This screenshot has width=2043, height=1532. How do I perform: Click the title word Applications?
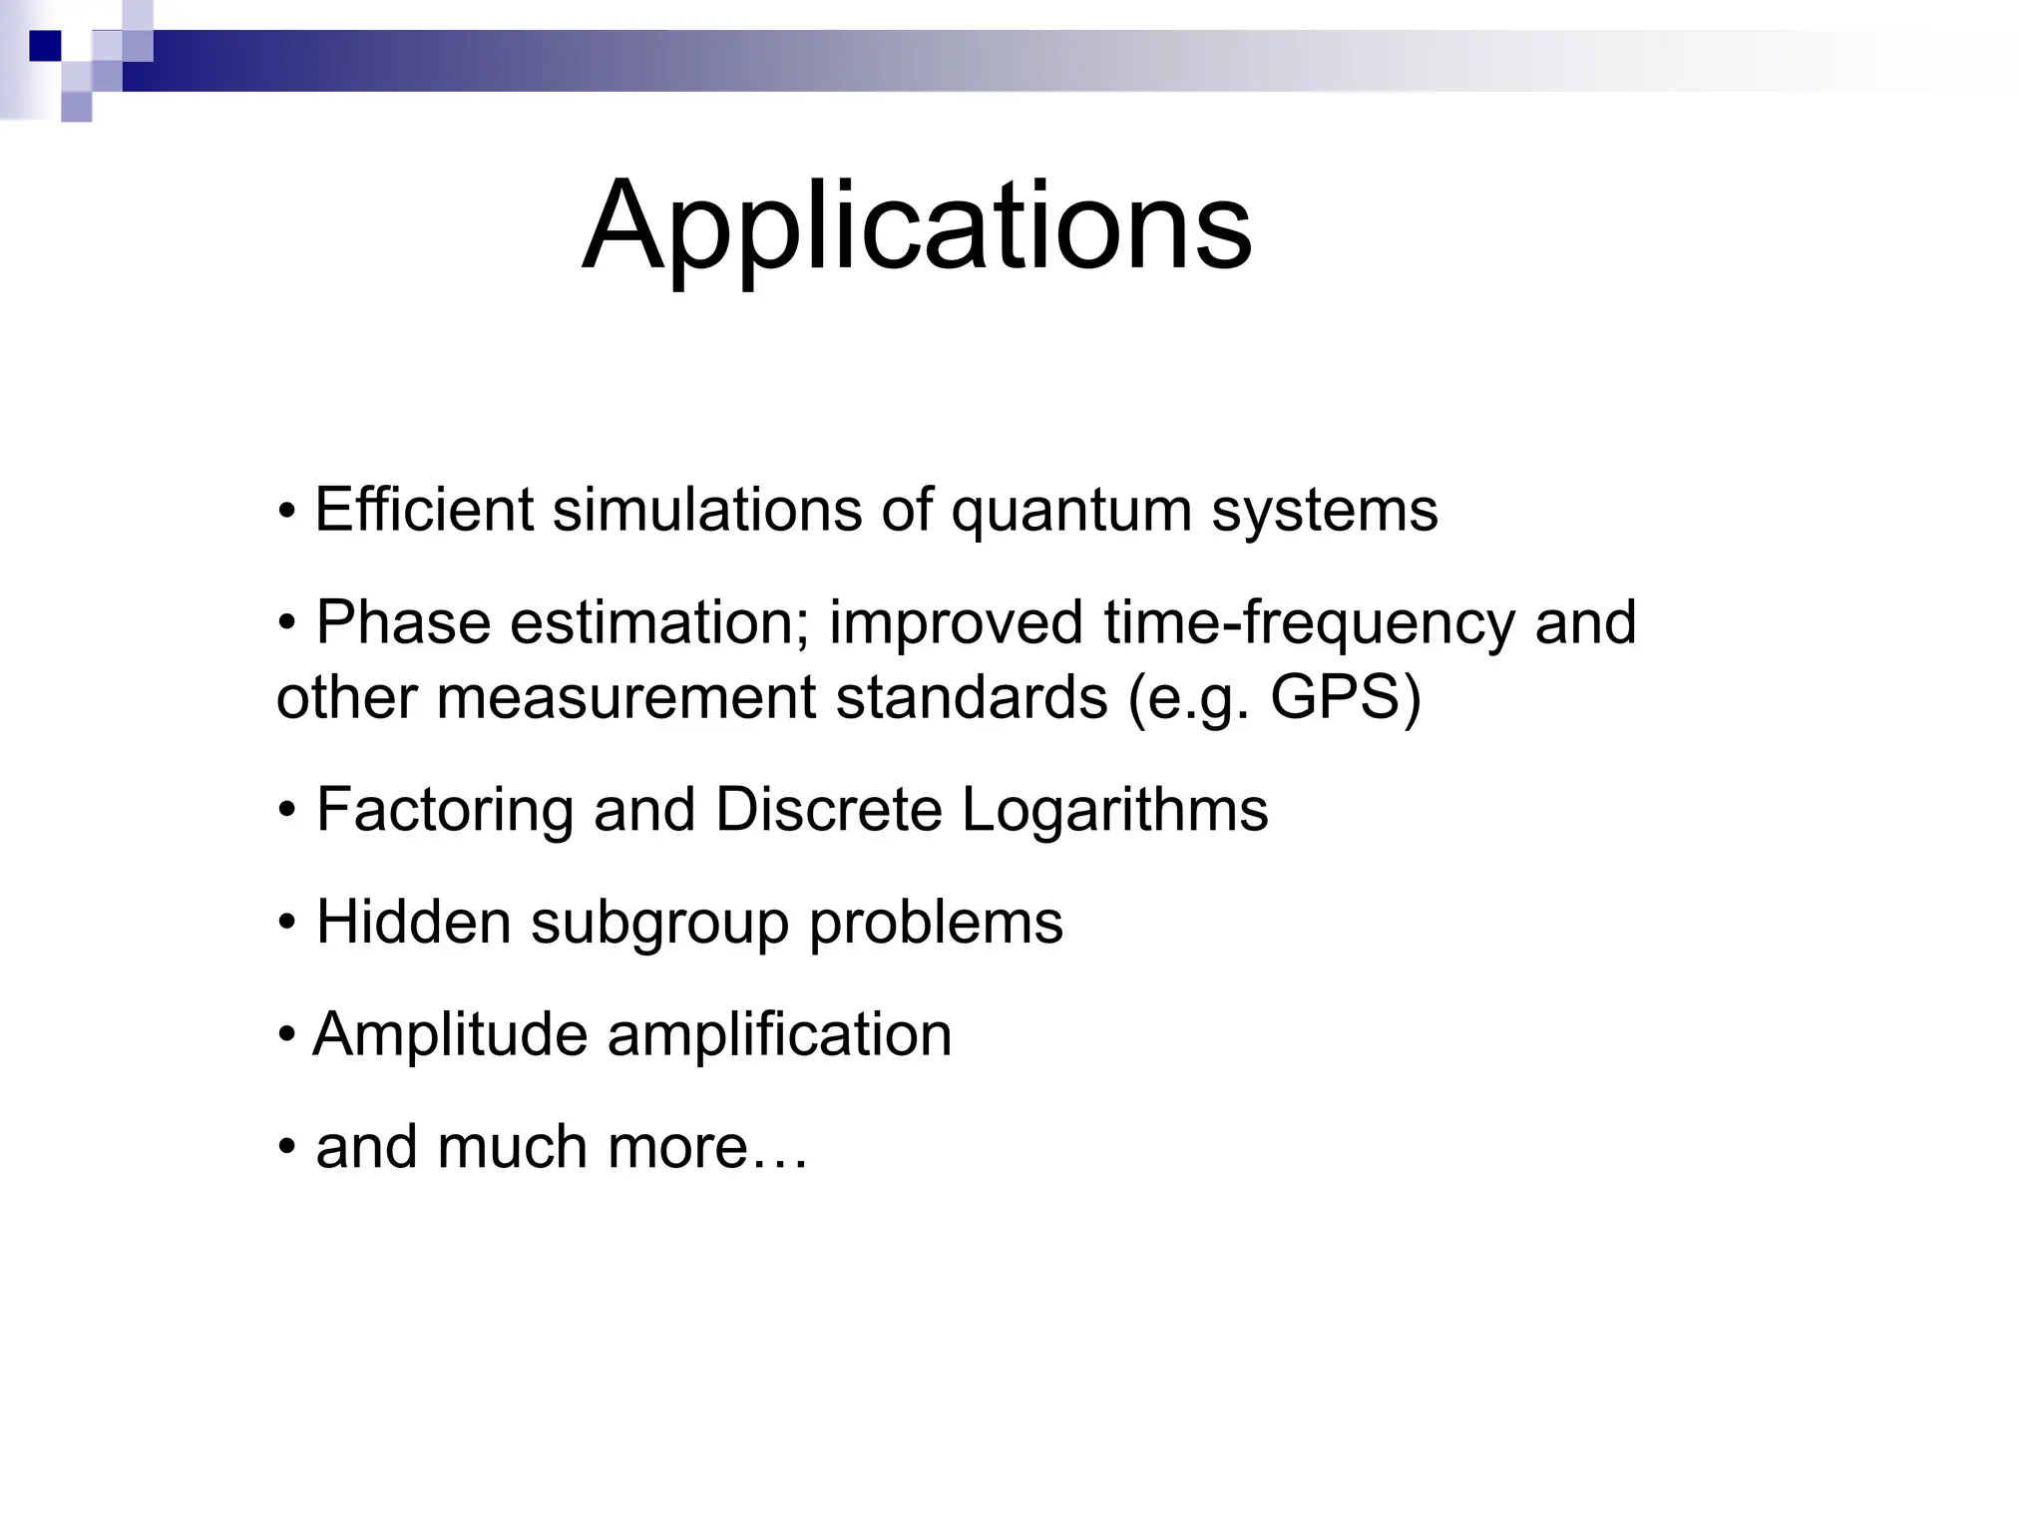click(916, 226)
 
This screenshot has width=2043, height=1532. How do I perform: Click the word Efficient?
click(424, 510)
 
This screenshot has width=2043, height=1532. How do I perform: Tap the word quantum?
click(1070, 512)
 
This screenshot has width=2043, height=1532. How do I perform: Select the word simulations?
click(707, 510)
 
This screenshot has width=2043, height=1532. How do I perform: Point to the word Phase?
click(403, 622)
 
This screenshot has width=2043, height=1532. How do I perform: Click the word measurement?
click(625, 697)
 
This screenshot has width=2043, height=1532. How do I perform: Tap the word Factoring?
click(444, 810)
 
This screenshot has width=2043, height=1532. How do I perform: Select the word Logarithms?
click(1114, 810)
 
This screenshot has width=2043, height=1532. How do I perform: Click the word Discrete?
click(829, 809)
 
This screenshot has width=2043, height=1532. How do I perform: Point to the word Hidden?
click(413, 922)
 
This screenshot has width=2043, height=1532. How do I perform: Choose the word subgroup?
click(659, 924)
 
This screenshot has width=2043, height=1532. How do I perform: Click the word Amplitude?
click(450, 1035)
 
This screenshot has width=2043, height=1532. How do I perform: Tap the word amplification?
click(779, 1035)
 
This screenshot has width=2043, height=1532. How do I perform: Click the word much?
click(512, 1147)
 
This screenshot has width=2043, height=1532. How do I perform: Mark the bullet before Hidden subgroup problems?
click(287, 924)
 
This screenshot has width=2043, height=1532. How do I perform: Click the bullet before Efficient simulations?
click(287, 512)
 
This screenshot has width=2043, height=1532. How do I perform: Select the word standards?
click(971, 697)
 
